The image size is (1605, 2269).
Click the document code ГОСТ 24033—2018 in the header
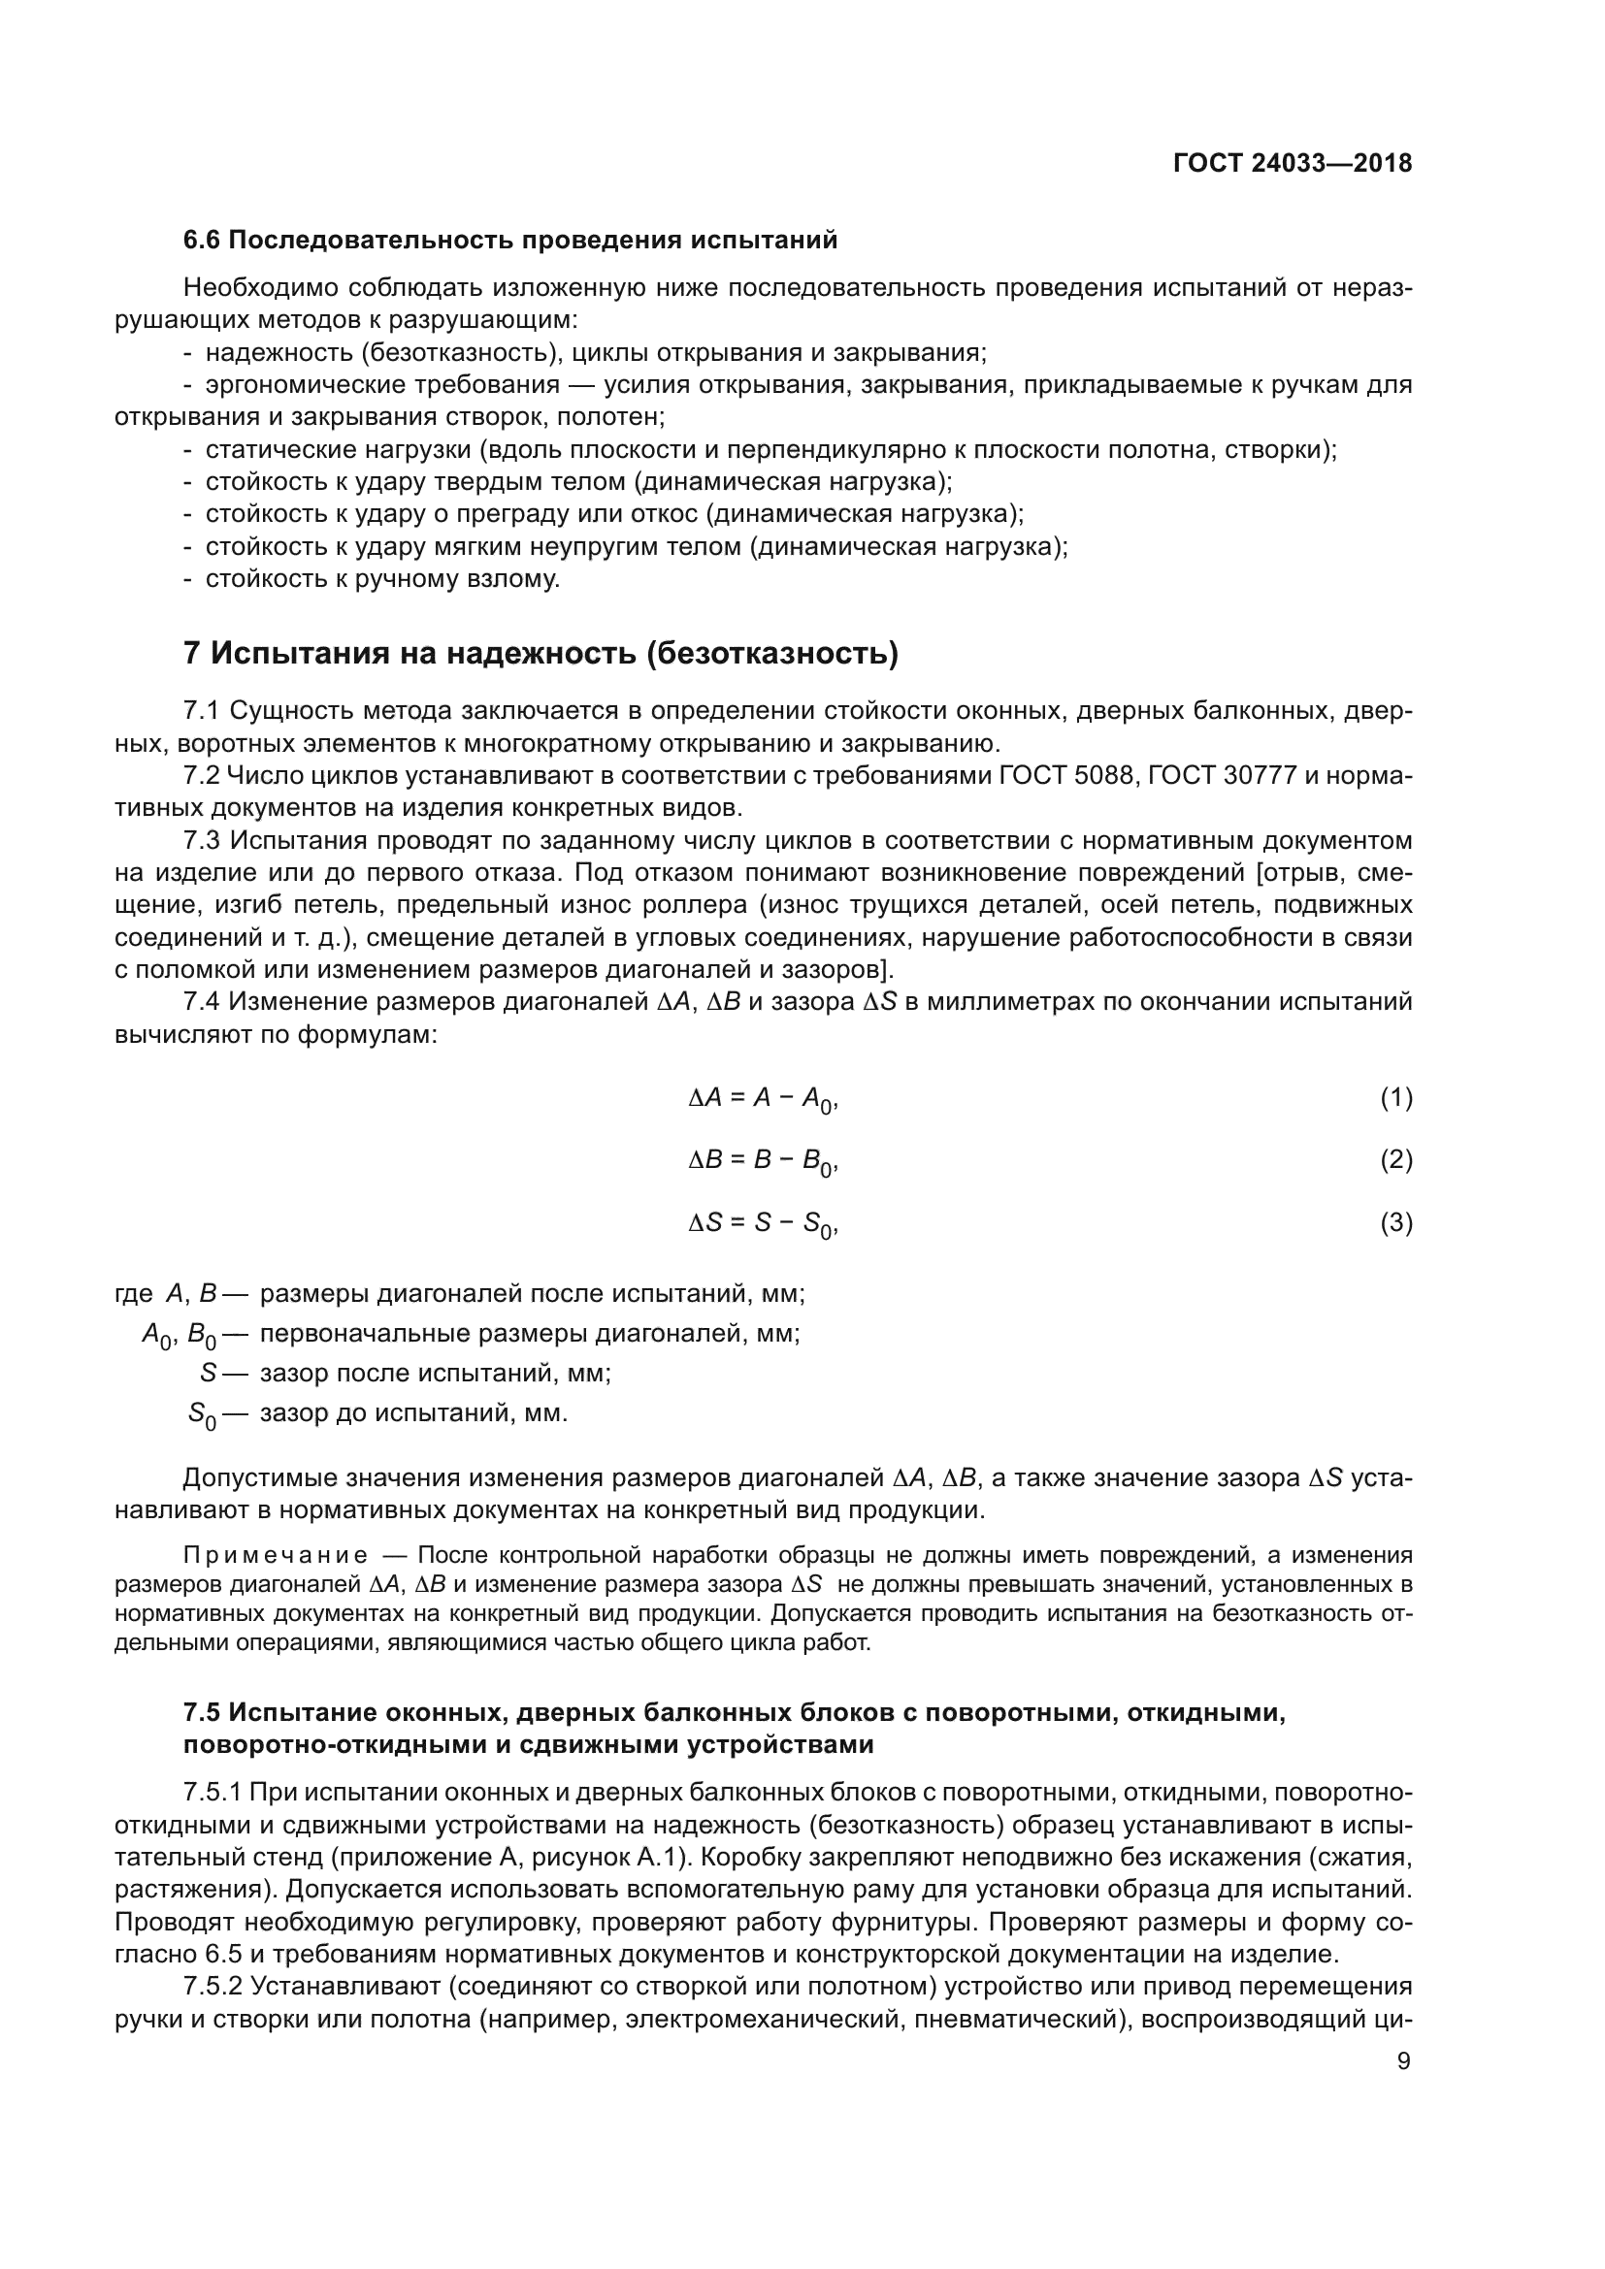(1292, 164)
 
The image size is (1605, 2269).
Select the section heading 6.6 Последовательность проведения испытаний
(510, 241)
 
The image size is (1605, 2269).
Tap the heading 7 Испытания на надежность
(540, 653)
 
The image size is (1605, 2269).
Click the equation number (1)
(1395, 1097)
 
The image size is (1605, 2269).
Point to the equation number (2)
(1395, 1159)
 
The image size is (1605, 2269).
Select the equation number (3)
(1395, 1222)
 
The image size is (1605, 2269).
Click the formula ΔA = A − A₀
(763, 1099)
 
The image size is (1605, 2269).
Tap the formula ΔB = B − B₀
(763, 1161)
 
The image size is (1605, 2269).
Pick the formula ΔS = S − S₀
(763, 1224)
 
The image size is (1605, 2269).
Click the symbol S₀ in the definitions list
(202, 1414)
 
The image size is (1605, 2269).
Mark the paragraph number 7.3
(203, 841)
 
